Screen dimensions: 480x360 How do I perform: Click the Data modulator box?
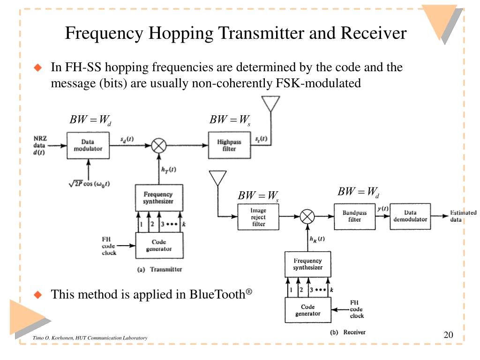click(88, 145)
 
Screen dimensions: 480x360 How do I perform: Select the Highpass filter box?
click(229, 145)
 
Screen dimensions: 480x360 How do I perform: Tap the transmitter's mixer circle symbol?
click(159, 145)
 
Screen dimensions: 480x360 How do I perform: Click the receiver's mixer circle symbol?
click(307, 217)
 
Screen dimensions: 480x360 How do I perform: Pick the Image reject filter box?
click(258, 217)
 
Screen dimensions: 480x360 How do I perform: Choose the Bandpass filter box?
click(354, 217)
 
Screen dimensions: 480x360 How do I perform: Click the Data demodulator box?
click(410, 216)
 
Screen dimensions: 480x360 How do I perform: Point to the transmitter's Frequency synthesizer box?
click(159, 198)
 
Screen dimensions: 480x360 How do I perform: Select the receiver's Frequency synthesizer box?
click(308, 264)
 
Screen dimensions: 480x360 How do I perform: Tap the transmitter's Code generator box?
click(159, 245)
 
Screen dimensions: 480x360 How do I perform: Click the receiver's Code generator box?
click(308, 310)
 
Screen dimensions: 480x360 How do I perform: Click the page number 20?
click(448, 335)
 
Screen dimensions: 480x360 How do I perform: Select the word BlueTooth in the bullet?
click(217, 294)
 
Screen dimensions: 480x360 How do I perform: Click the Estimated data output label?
click(463, 216)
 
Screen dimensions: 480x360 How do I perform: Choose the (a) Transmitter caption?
click(159, 270)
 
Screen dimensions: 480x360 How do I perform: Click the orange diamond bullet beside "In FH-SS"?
click(38, 67)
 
